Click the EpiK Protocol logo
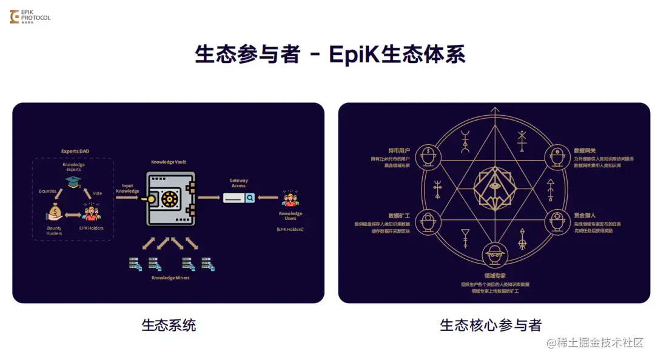tap(30, 16)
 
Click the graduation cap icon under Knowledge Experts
tap(73, 181)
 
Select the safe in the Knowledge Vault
tap(170, 199)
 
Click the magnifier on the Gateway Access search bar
tap(250, 198)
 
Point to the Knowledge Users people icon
tap(290, 198)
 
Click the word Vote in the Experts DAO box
tap(97, 193)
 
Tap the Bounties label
tap(47, 191)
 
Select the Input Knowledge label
tap(127, 188)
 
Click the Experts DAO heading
tap(75, 151)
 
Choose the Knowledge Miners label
tap(170, 278)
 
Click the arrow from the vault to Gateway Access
tap(209, 198)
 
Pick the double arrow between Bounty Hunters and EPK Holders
tap(73, 215)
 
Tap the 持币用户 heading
tap(399, 150)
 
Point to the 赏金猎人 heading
tap(585, 215)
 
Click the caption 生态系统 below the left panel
tap(169, 325)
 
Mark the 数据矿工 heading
tap(399, 215)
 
